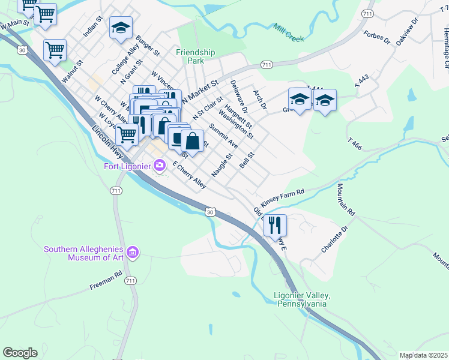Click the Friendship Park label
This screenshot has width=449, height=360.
coord(195,56)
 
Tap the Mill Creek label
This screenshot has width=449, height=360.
coord(289,34)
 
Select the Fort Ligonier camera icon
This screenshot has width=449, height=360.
coord(160,164)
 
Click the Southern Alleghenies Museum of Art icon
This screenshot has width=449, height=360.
coord(133,253)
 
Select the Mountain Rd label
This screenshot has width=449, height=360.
coord(346,200)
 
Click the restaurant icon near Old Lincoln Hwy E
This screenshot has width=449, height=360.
coord(275,225)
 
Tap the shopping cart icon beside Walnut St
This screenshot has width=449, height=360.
coord(55,50)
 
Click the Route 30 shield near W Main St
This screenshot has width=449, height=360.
coord(22,50)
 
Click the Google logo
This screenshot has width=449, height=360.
coord(20,353)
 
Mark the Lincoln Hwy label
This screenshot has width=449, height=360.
coord(107,142)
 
